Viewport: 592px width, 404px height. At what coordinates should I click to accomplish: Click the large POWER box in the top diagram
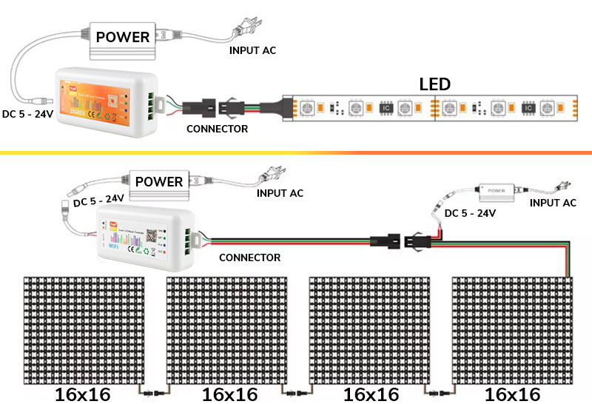pyautogui.click(x=123, y=37)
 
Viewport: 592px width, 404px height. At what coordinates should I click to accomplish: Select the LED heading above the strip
pyautogui.click(x=435, y=84)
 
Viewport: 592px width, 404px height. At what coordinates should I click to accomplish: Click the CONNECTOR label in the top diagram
pyautogui.click(x=217, y=129)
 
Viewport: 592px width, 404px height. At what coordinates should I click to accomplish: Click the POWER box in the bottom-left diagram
pyautogui.click(x=158, y=181)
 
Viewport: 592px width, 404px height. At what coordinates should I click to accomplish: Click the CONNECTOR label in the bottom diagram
pyautogui.click(x=250, y=257)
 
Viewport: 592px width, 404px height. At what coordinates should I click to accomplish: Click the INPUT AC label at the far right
pyautogui.click(x=553, y=202)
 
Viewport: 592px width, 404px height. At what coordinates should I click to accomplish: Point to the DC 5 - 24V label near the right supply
pyautogui.click(x=469, y=213)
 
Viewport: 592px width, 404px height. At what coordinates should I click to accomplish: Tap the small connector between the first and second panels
pyautogui.click(x=154, y=390)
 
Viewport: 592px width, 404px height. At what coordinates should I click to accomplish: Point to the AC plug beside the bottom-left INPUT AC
pyautogui.click(x=266, y=178)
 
